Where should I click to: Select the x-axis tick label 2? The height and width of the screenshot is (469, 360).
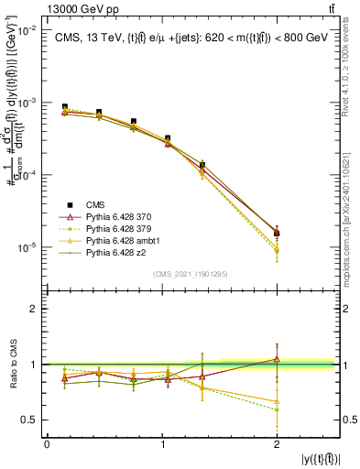pos(278,444)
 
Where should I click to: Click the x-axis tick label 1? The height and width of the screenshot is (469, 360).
pos(162,444)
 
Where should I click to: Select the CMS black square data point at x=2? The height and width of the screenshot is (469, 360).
pos(278,233)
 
